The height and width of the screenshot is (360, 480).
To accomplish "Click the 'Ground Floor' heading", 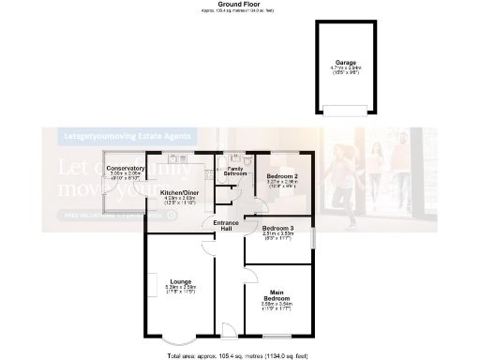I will point(238,5).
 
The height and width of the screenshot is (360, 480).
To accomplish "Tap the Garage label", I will point(347,62).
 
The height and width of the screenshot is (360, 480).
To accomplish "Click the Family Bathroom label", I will point(234,172).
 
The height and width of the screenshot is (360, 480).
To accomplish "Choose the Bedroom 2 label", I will point(281,176).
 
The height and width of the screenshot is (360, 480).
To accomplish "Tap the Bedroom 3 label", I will point(277,229).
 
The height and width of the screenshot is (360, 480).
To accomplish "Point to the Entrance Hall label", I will point(225,226).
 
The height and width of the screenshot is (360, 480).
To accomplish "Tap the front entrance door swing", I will point(227,327).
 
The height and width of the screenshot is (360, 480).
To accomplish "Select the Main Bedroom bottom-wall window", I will point(278,336).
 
